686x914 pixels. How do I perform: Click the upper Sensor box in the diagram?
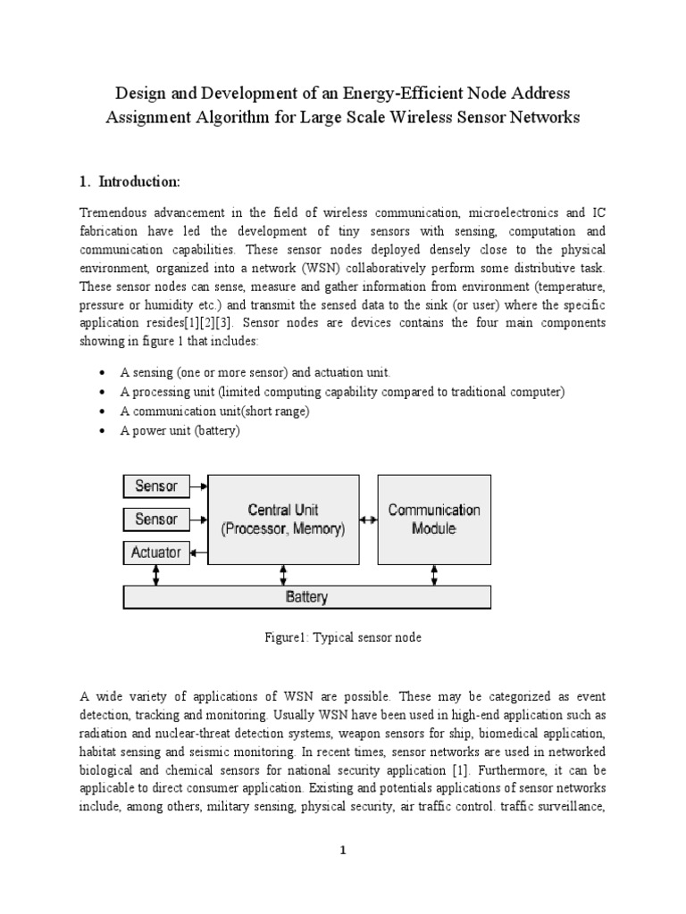(x=156, y=486)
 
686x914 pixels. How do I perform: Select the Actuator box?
(x=156, y=553)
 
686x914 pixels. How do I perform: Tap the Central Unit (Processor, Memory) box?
(x=283, y=519)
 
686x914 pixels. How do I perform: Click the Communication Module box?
(x=433, y=519)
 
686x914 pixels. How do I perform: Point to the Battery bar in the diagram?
(x=306, y=597)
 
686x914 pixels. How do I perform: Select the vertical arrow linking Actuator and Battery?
(x=157, y=576)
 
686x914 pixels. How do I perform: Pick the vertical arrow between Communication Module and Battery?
(x=433, y=576)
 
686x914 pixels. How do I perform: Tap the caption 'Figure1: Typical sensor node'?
(x=342, y=638)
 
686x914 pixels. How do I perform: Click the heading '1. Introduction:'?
(x=130, y=182)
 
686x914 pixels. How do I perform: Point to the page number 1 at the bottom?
(x=342, y=851)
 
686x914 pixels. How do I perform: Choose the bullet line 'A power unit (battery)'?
(x=180, y=430)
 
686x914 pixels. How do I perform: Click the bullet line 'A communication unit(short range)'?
(x=213, y=411)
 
